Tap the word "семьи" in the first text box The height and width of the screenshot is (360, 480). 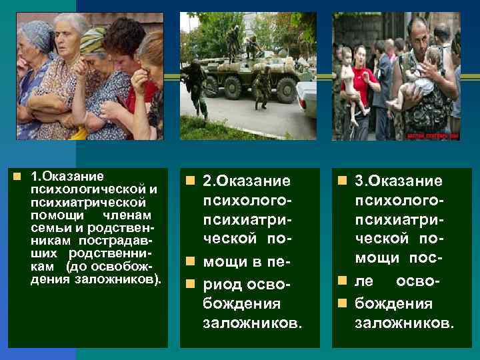[x=47, y=227]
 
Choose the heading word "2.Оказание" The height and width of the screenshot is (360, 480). [x=247, y=181]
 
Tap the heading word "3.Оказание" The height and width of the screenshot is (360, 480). [x=399, y=181]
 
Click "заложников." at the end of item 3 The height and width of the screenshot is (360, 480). [x=405, y=324]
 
